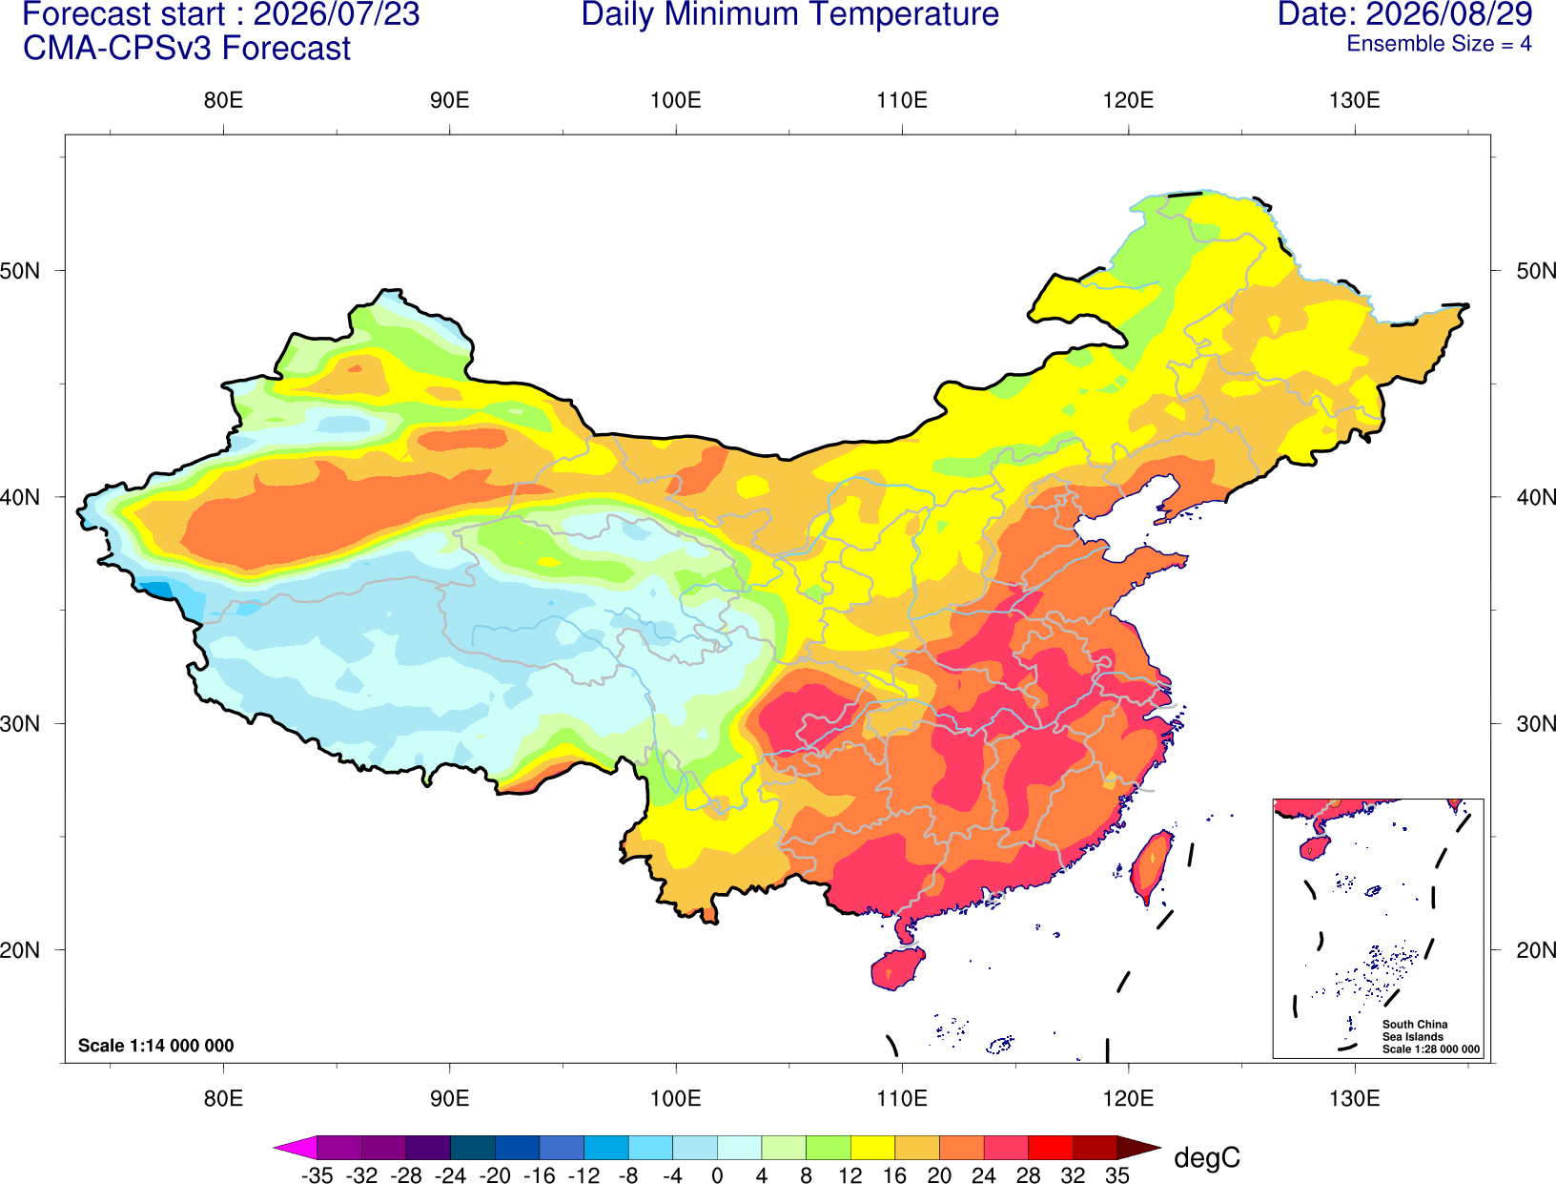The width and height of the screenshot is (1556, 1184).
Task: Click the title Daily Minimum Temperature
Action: pyautogui.click(x=789, y=14)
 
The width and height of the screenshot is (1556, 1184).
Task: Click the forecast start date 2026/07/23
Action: pyautogui.click(x=337, y=14)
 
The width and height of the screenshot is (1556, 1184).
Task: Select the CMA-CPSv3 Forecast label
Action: pyautogui.click(x=187, y=49)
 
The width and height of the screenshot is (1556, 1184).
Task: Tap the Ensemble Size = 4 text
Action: pyautogui.click(x=1439, y=44)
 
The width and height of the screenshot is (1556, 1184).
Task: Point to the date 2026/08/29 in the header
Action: pyautogui.click(x=1449, y=14)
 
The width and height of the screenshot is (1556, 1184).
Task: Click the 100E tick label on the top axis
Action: pyautogui.click(x=676, y=100)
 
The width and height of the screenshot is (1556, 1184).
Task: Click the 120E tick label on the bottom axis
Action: pyautogui.click(x=1128, y=1099)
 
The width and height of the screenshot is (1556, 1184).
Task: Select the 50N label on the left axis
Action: pyautogui.click(x=20, y=271)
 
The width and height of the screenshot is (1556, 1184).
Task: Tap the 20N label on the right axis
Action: pyautogui.click(x=1536, y=950)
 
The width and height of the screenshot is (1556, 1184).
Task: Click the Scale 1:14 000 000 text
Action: pyautogui.click(x=156, y=1046)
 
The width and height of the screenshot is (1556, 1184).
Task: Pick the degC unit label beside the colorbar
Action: pyautogui.click(x=1207, y=1157)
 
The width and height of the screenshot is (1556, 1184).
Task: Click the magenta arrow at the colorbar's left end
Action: pyautogui.click(x=295, y=1147)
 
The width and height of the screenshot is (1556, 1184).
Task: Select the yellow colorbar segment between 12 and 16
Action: pyautogui.click(x=872, y=1147)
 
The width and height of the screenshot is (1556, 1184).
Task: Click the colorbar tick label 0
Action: pyautogui.click(x=717, y=1175)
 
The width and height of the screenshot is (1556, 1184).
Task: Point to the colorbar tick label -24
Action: pyautogui.click(x=450, y=1175)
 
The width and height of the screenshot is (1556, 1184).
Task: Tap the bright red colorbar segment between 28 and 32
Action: pyautogui.click(x=1051, y=1147)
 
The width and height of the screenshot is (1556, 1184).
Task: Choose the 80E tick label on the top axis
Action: pyautogui.click(x=223, y=100)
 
